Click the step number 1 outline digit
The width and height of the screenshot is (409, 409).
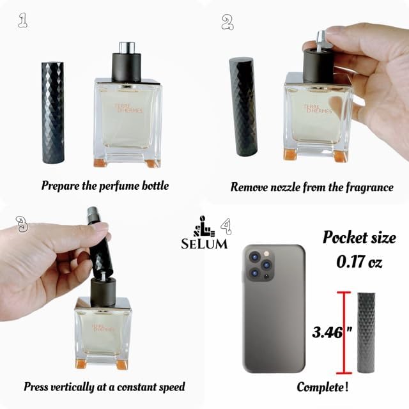point(23,21)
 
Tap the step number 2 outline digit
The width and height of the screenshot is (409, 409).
point(228,22)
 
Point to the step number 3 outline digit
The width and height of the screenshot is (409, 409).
point(22,224)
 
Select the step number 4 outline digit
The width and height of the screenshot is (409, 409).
point(226,226)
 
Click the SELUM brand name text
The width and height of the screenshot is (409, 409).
point(204,244)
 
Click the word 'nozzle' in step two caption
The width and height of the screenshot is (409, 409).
point(285,187)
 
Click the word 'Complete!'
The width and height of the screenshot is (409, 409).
point(322,387)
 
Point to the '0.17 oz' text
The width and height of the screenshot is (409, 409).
point(359,261)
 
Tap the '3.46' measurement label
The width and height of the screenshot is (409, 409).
point(327,332)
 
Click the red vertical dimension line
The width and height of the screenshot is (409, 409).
point(344,333)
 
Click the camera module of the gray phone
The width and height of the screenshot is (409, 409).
point(260,265)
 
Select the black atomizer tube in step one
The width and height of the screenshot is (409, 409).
point(53,112)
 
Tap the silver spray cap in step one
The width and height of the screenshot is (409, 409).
point(127,47)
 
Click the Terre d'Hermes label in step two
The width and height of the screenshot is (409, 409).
point(318,109)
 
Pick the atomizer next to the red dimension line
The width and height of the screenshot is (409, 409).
point(366,333)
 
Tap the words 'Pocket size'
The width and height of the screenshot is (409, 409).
point(359,238)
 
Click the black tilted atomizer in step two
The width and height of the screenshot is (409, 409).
point(243,107)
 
